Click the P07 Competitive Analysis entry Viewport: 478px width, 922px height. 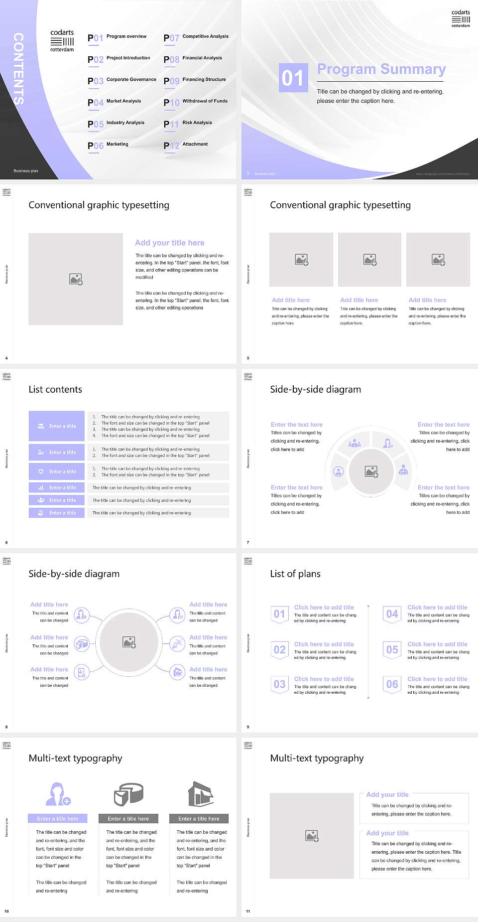196,37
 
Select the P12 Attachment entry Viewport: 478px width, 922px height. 186,145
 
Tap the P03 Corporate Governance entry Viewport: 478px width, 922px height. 122,80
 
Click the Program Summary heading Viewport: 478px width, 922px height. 381,69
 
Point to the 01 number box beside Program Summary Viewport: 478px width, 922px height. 293,78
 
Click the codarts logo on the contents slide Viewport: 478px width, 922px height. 62,40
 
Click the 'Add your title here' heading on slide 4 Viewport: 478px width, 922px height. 169,243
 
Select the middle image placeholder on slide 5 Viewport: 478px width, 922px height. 369,260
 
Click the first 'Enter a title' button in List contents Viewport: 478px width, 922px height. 57,426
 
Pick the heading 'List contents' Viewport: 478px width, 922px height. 55,389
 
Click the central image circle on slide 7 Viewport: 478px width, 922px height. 371,471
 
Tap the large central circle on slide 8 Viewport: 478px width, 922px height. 129,642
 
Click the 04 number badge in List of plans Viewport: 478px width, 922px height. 392,614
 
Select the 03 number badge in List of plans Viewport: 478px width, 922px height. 279,684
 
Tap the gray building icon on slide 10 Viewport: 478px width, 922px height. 200,794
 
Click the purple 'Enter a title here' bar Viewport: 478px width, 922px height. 58,818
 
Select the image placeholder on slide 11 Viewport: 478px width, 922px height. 312,836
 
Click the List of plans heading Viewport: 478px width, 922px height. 295,574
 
